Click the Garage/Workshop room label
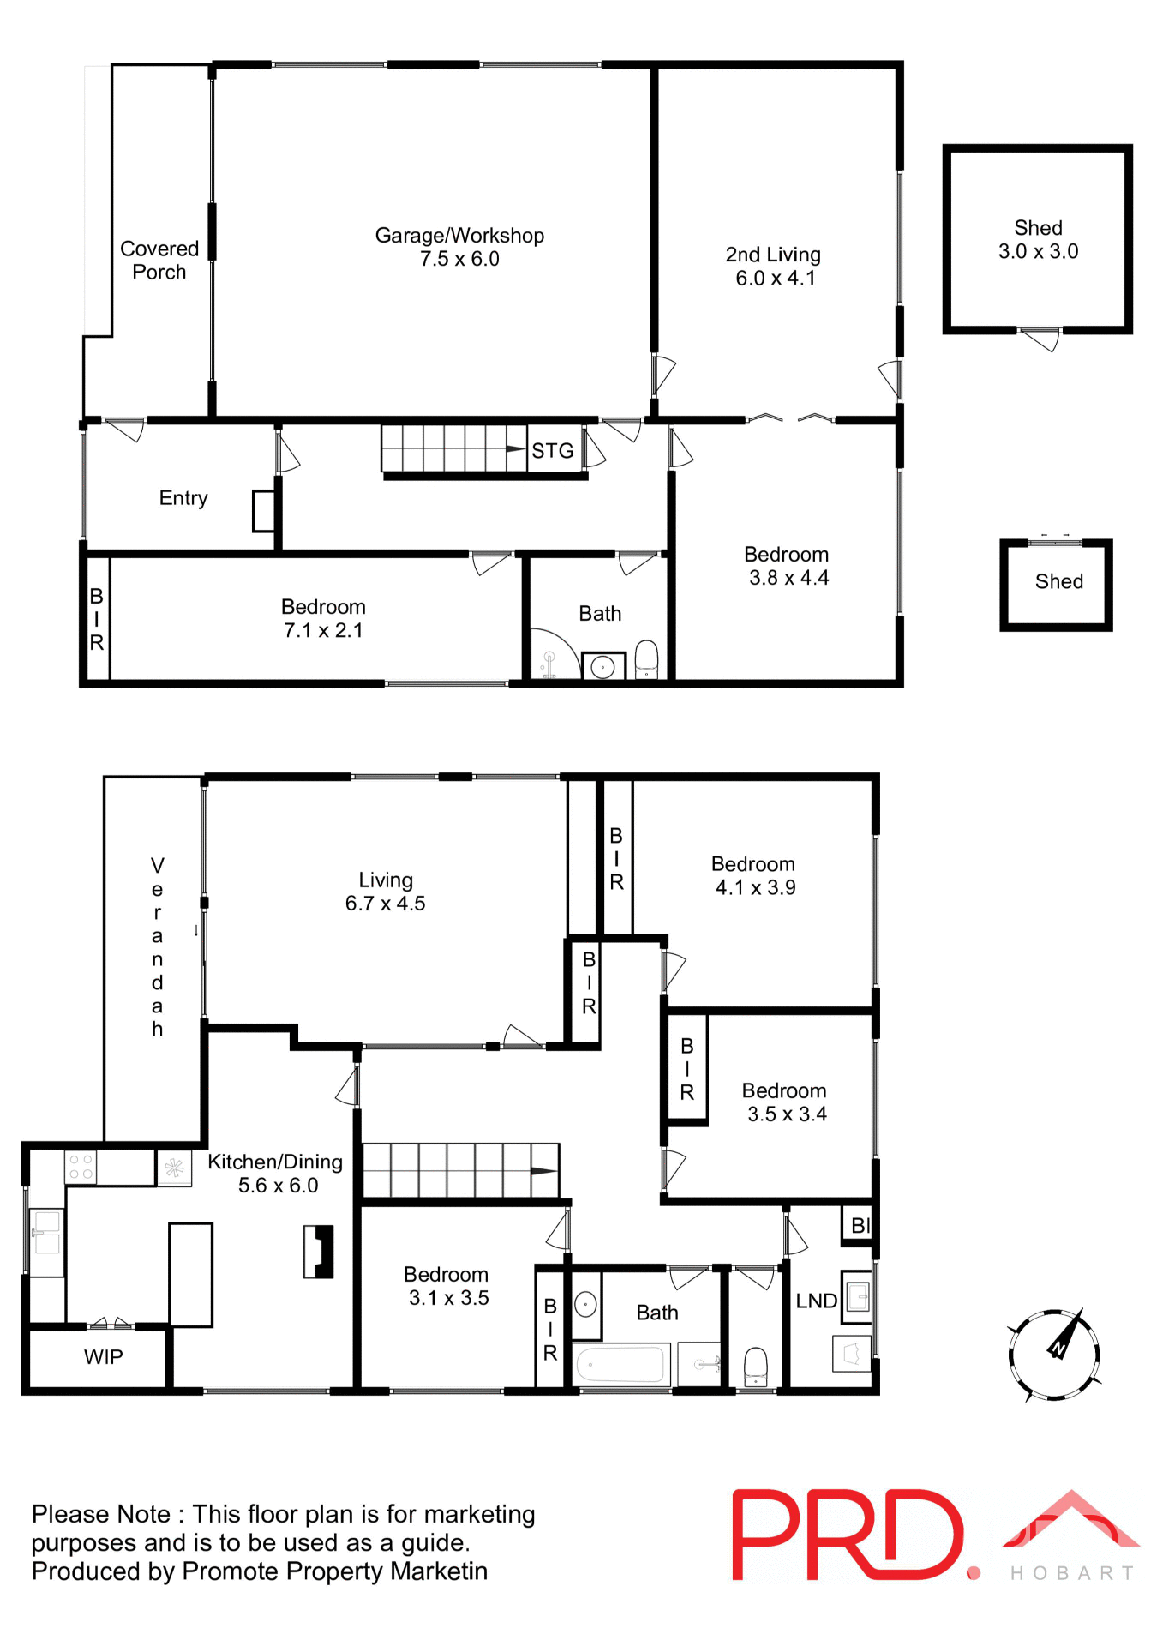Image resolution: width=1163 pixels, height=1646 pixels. pos(459,237)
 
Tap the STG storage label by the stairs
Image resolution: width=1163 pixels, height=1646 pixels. pos(552,451)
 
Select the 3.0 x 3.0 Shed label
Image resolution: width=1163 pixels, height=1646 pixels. pos(1038,240)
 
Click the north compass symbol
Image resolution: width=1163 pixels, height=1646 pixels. pos(1055,1354)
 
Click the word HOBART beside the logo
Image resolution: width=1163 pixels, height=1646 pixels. pos(1072,1573)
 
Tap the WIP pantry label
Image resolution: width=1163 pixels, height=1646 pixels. pos(103,1356)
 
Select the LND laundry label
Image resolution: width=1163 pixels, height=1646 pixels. pos(815,1301)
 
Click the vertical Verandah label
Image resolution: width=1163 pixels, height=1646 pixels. pos(157,946)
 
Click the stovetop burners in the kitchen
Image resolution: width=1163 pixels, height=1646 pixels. pos(81,1167)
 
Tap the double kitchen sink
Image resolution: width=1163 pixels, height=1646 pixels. pos(46,1233)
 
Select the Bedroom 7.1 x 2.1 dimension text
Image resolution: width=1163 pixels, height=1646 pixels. pos(323,631)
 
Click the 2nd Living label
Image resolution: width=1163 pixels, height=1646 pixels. pos(773,255)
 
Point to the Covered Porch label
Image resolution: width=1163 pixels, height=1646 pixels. pos(159,260)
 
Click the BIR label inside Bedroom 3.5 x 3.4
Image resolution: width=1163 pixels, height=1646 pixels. pos(686,1068)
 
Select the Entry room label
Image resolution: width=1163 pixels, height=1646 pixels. pos(183,498)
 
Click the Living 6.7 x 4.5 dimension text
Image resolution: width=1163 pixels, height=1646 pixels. pos(385,904)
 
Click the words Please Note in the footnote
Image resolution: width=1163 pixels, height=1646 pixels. pos(101,1515)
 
